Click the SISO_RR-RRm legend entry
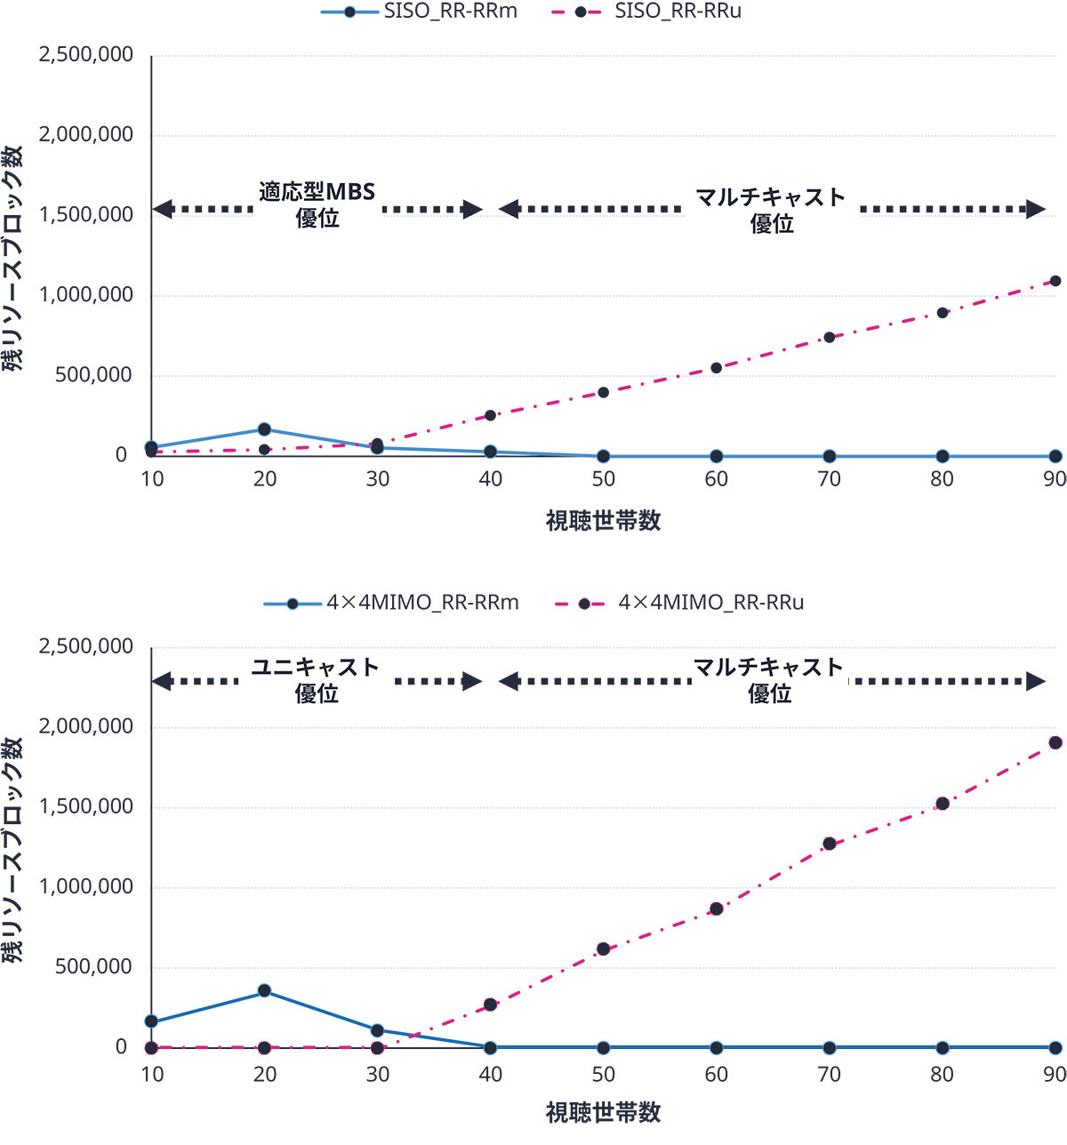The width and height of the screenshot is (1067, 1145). [x=418, y=12]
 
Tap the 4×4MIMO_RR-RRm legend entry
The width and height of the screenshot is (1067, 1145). [x=391, y=603]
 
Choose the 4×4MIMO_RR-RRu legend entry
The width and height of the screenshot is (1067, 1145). [x=679, y=603]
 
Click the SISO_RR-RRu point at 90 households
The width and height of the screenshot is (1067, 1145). [x=1055, y=281]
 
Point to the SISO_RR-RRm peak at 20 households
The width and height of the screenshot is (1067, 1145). [x=264, y=429]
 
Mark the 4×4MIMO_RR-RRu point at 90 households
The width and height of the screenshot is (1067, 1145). [x=1055, y=742]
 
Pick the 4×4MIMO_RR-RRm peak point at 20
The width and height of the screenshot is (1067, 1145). [x=264, y=990]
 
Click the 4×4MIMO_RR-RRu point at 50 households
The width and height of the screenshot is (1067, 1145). [x=604, y=949]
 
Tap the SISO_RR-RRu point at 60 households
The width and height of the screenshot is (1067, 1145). [x=717, y=368]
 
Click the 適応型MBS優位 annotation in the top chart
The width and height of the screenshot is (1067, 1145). [x=317, y=204]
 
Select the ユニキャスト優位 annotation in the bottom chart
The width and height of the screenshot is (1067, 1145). [x=317, y=680]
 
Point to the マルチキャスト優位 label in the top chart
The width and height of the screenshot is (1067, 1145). [x=771, y=210]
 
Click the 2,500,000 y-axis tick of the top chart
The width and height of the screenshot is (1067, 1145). [x=85, y=55]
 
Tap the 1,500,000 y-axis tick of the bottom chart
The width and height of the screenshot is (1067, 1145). [x=85, y=807]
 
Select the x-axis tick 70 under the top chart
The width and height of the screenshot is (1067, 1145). [x=829, y=479]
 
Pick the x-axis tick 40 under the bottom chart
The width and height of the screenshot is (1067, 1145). [x=490, y=1075]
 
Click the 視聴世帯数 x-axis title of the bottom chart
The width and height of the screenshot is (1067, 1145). [x=603, y=1112]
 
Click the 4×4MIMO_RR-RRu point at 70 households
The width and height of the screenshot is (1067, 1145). [x=830, y=844]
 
